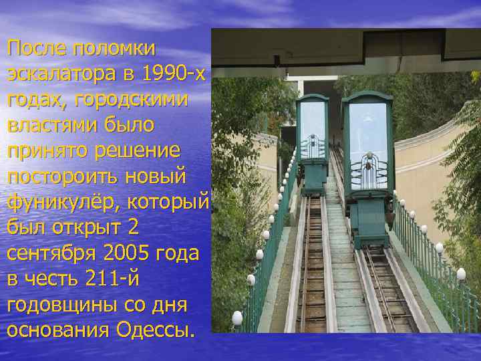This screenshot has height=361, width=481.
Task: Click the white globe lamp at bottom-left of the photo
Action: click(x=237, y=318)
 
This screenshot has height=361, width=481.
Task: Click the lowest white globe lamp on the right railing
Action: click(x=460, y=273)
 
